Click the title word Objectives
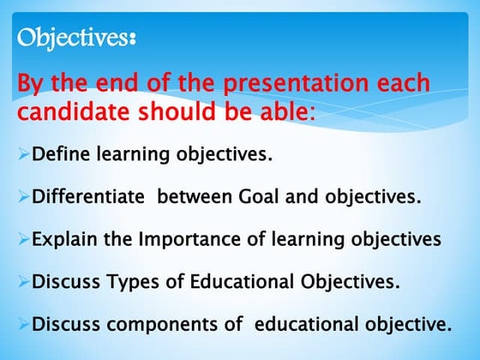[75, 39]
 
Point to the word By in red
[32, 85]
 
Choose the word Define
[59, 155]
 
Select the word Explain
[63, 239]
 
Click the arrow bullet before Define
[23, 155]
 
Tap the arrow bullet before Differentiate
[23, 197]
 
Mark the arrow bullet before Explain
[23, 239]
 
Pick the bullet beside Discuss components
[23, 325]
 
